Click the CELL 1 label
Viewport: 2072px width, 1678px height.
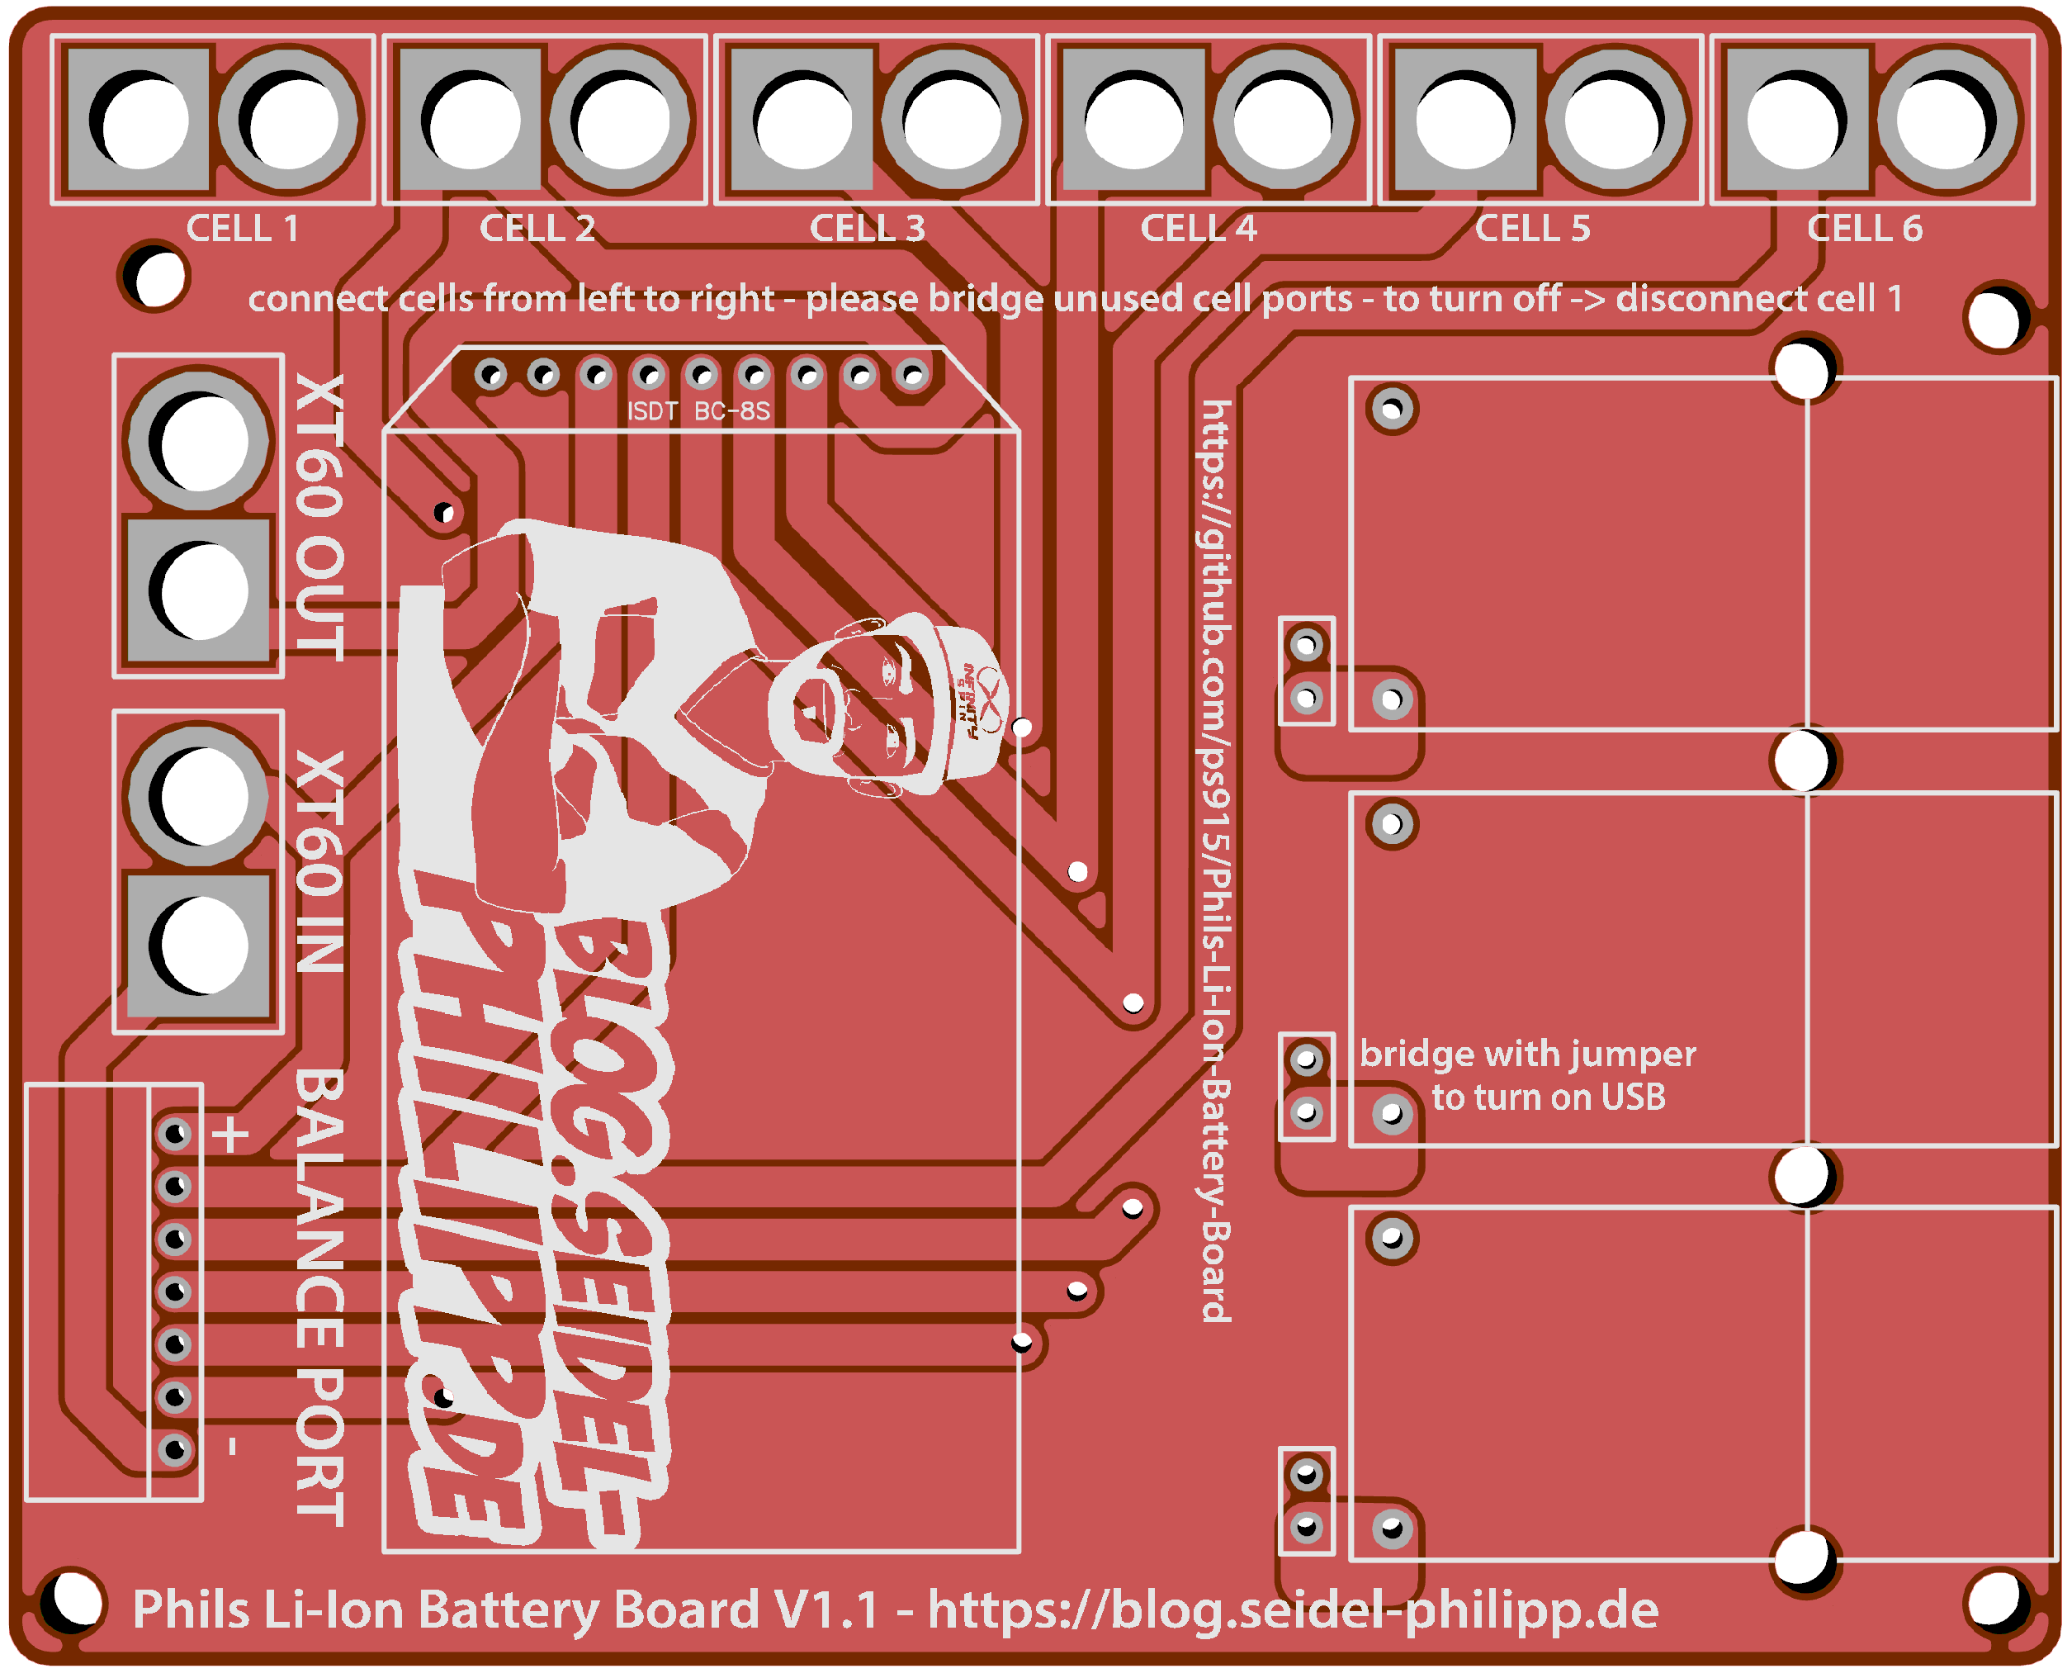(x=243, y=229)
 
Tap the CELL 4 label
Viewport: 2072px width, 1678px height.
(x=1199, y=229)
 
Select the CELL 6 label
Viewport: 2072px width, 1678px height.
(x=1864, y=229)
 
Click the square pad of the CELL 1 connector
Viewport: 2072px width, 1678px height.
(x=140, y=120)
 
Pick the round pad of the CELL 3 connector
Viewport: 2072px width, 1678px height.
(x=953, y=120)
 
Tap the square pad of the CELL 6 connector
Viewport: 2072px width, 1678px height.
(x=1796, y=120)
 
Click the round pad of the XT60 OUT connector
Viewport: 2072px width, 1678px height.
(x=199, y=441)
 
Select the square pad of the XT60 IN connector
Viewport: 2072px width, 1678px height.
(x=199, y=946)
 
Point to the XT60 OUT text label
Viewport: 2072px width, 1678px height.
(x=319, y=517)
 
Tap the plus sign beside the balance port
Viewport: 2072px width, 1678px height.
(x=230, y=1135)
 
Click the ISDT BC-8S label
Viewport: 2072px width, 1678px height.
(x=698, y=412)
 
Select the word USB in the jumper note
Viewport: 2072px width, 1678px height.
(x=1633, y=1098)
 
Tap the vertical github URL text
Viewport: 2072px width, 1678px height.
(x=1216, y=860)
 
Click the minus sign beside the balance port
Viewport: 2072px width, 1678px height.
(x=232, y=1447)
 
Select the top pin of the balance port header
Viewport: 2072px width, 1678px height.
(x=175, y=1133)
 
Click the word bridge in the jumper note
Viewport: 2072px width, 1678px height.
(x=1414, y=1054)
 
